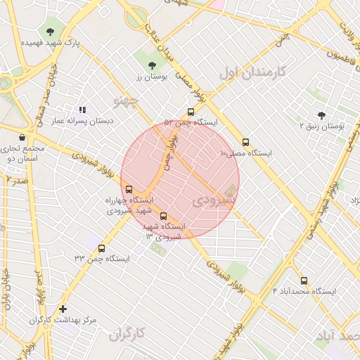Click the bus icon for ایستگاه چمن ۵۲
coord(191,112)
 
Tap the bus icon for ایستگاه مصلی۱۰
coord(245,142)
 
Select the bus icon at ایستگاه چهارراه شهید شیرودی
coord(129,189)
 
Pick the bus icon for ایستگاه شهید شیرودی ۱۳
coord(164,217)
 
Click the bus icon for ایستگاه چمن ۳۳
coord(102,248)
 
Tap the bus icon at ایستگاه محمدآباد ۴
coord(304,281)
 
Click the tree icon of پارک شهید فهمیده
coord(50,32)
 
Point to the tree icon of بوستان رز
coord(153,65)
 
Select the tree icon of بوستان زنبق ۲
coord(322,115)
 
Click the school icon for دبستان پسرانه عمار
coord(82,110)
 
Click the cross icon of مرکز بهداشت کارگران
coord(63,309)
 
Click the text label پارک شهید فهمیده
coord(50,43)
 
